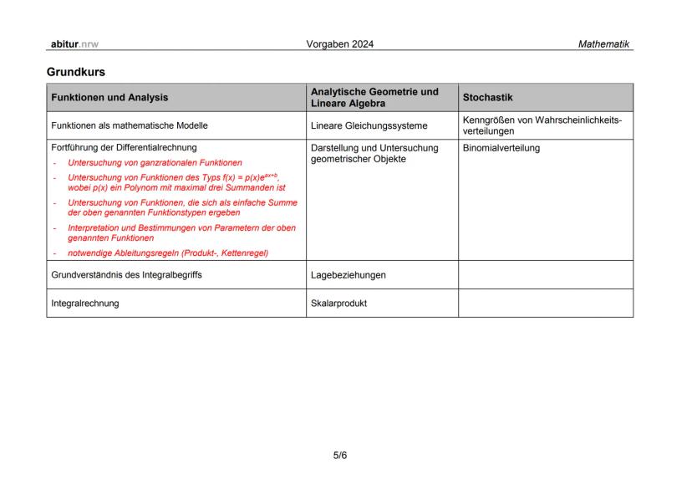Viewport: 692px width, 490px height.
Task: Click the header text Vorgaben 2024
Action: (341, 43)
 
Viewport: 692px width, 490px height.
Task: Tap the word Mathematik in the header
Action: (603, 43)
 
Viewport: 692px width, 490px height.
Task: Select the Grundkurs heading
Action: (76, 73)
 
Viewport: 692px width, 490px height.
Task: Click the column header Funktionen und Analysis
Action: (109, 97)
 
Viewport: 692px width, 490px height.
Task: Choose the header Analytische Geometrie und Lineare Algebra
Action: (374, 97)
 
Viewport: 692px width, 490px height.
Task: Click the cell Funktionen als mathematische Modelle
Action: (130, 125)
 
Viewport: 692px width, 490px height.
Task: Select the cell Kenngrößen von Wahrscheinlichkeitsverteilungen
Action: (542, 125)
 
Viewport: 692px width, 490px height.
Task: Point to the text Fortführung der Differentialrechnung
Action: (124, 148)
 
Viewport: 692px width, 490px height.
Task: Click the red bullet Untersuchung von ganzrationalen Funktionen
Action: (155, 162)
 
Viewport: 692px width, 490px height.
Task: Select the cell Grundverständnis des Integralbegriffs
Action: (126, 274)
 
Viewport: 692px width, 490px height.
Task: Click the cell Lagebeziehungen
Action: (349, 274)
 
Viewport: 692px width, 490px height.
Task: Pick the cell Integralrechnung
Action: (85, 303)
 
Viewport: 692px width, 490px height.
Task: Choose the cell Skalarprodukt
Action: (338, 303)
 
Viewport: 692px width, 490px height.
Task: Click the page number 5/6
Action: (340, 456)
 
